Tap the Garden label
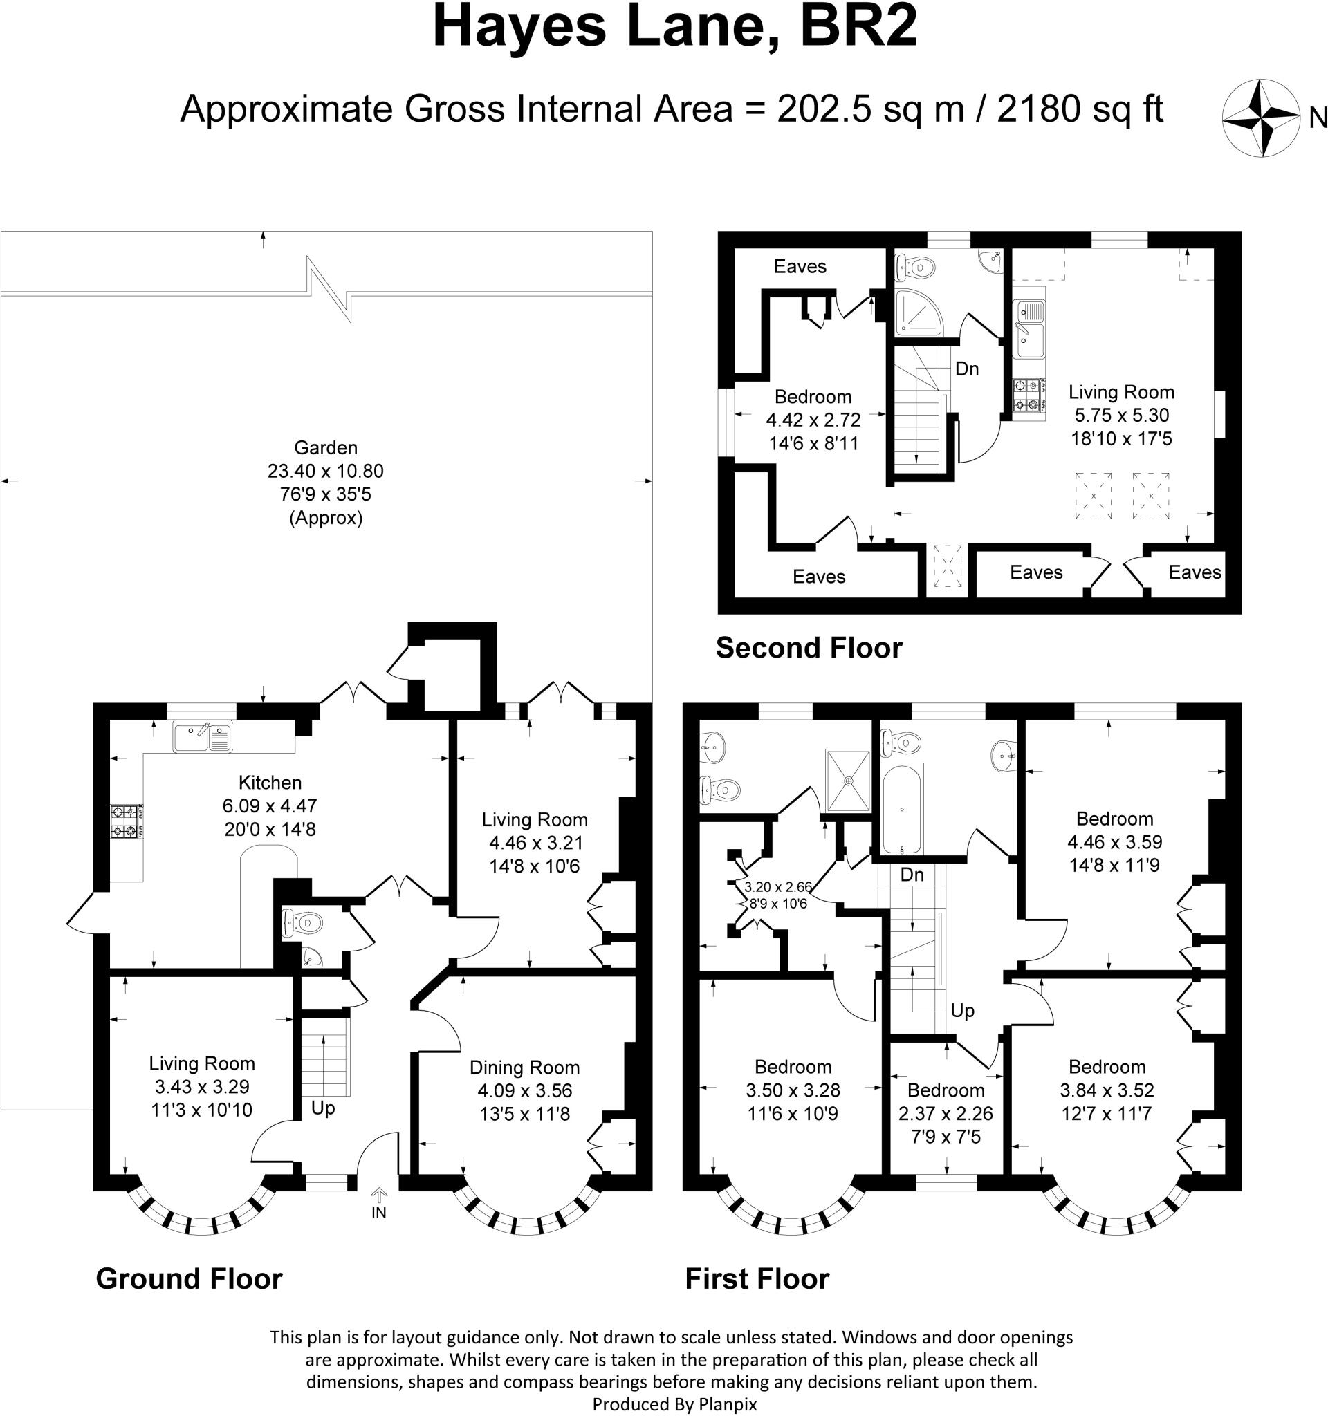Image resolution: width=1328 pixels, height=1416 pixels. point(326,447)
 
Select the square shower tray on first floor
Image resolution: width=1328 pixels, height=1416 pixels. point(849,781)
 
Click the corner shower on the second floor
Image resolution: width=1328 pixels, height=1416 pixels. point(919,313)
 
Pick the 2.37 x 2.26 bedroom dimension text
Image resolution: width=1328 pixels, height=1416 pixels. point(946,1113)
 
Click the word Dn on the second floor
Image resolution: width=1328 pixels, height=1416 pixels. point(967,369)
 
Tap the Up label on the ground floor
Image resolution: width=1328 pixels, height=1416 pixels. point(323,1108)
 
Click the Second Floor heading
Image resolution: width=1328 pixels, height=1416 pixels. point(809,648)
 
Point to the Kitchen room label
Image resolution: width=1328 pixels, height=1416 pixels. point(270,782)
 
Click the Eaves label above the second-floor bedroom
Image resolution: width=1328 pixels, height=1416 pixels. point(800,266)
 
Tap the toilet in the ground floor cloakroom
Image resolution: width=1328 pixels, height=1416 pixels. point(303,924)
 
